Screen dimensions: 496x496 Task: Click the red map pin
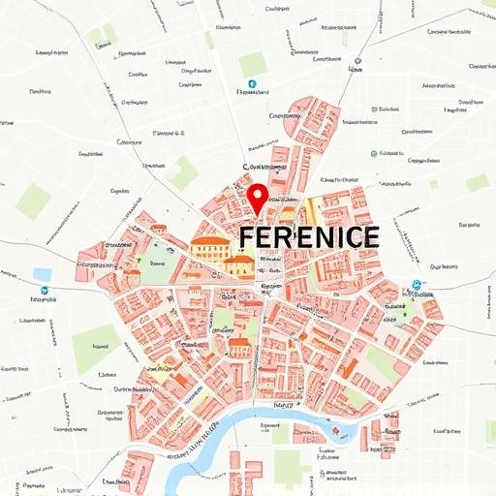258,196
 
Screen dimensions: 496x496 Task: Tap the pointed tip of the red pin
258,212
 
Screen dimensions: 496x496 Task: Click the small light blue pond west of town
42,274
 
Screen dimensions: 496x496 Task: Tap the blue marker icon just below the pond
44,290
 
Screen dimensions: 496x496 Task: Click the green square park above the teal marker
253,64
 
